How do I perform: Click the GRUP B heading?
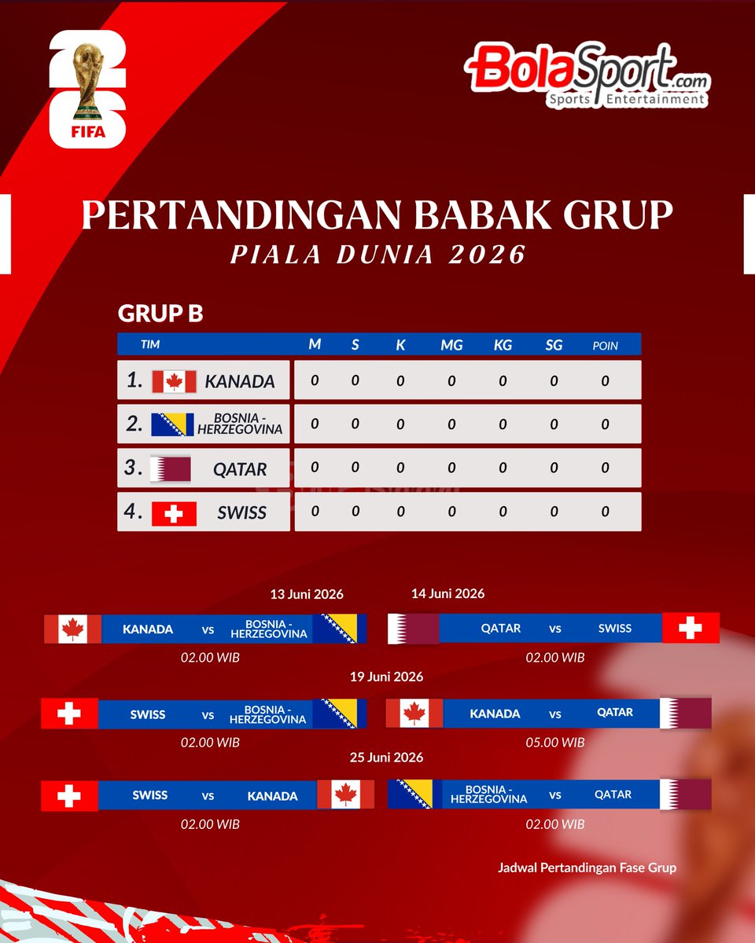click(x=160, y=314)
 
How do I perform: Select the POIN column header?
click(x=605, y=345)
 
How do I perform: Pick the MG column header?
click(x=451, y=345)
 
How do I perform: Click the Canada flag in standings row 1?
click(x=174, y=381)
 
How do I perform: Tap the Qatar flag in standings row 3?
click(x=171, y=469)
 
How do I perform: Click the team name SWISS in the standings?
click(x=242, y=513)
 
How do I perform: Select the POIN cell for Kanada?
click(x=605, y=381)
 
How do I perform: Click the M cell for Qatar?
click(x=315, y=468)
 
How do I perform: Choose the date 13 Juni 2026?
click(x=307, y=594)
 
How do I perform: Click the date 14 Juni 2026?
click(x=447, y=593)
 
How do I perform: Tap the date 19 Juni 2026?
click(x=386, y=677)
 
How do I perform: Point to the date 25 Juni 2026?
click(x=386, y=758)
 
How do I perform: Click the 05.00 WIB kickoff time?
click(x=555, y=742)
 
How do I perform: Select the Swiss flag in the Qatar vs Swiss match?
click(x=691, y=628)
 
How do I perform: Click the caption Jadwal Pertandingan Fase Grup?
click(x=587, y=868)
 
